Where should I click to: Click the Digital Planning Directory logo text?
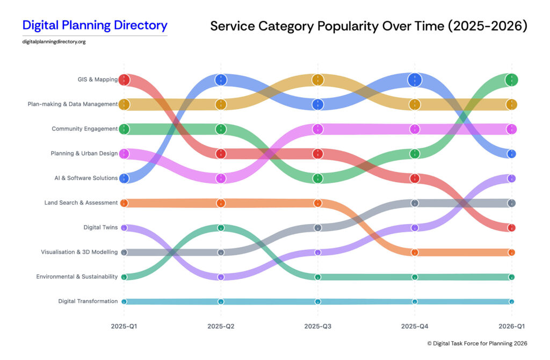95,25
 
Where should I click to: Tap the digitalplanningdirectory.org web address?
54,42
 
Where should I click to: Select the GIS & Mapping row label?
97,80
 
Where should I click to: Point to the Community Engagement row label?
84,129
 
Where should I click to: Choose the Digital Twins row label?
100,227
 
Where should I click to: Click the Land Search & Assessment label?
81,203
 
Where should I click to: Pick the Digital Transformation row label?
88,301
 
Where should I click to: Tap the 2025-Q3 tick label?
317,326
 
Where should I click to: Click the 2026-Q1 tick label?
511,326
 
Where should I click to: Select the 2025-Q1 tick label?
124,326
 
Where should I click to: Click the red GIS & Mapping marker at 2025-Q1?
124,80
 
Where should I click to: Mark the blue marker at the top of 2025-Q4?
415,80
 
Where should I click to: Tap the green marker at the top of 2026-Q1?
511,80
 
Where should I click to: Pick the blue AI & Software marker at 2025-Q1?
124,178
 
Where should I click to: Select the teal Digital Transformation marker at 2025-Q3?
317,301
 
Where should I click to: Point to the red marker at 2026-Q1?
511,228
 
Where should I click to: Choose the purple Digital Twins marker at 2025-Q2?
221,277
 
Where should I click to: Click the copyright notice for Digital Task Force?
477,343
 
